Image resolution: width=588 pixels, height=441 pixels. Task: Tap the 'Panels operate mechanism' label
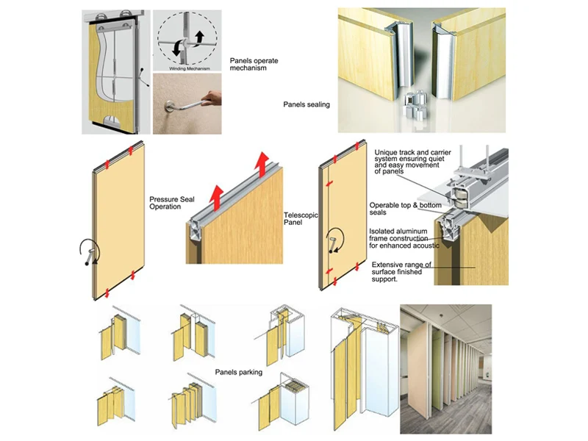point(254,65)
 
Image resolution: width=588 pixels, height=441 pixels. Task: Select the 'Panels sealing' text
point(306,105)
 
